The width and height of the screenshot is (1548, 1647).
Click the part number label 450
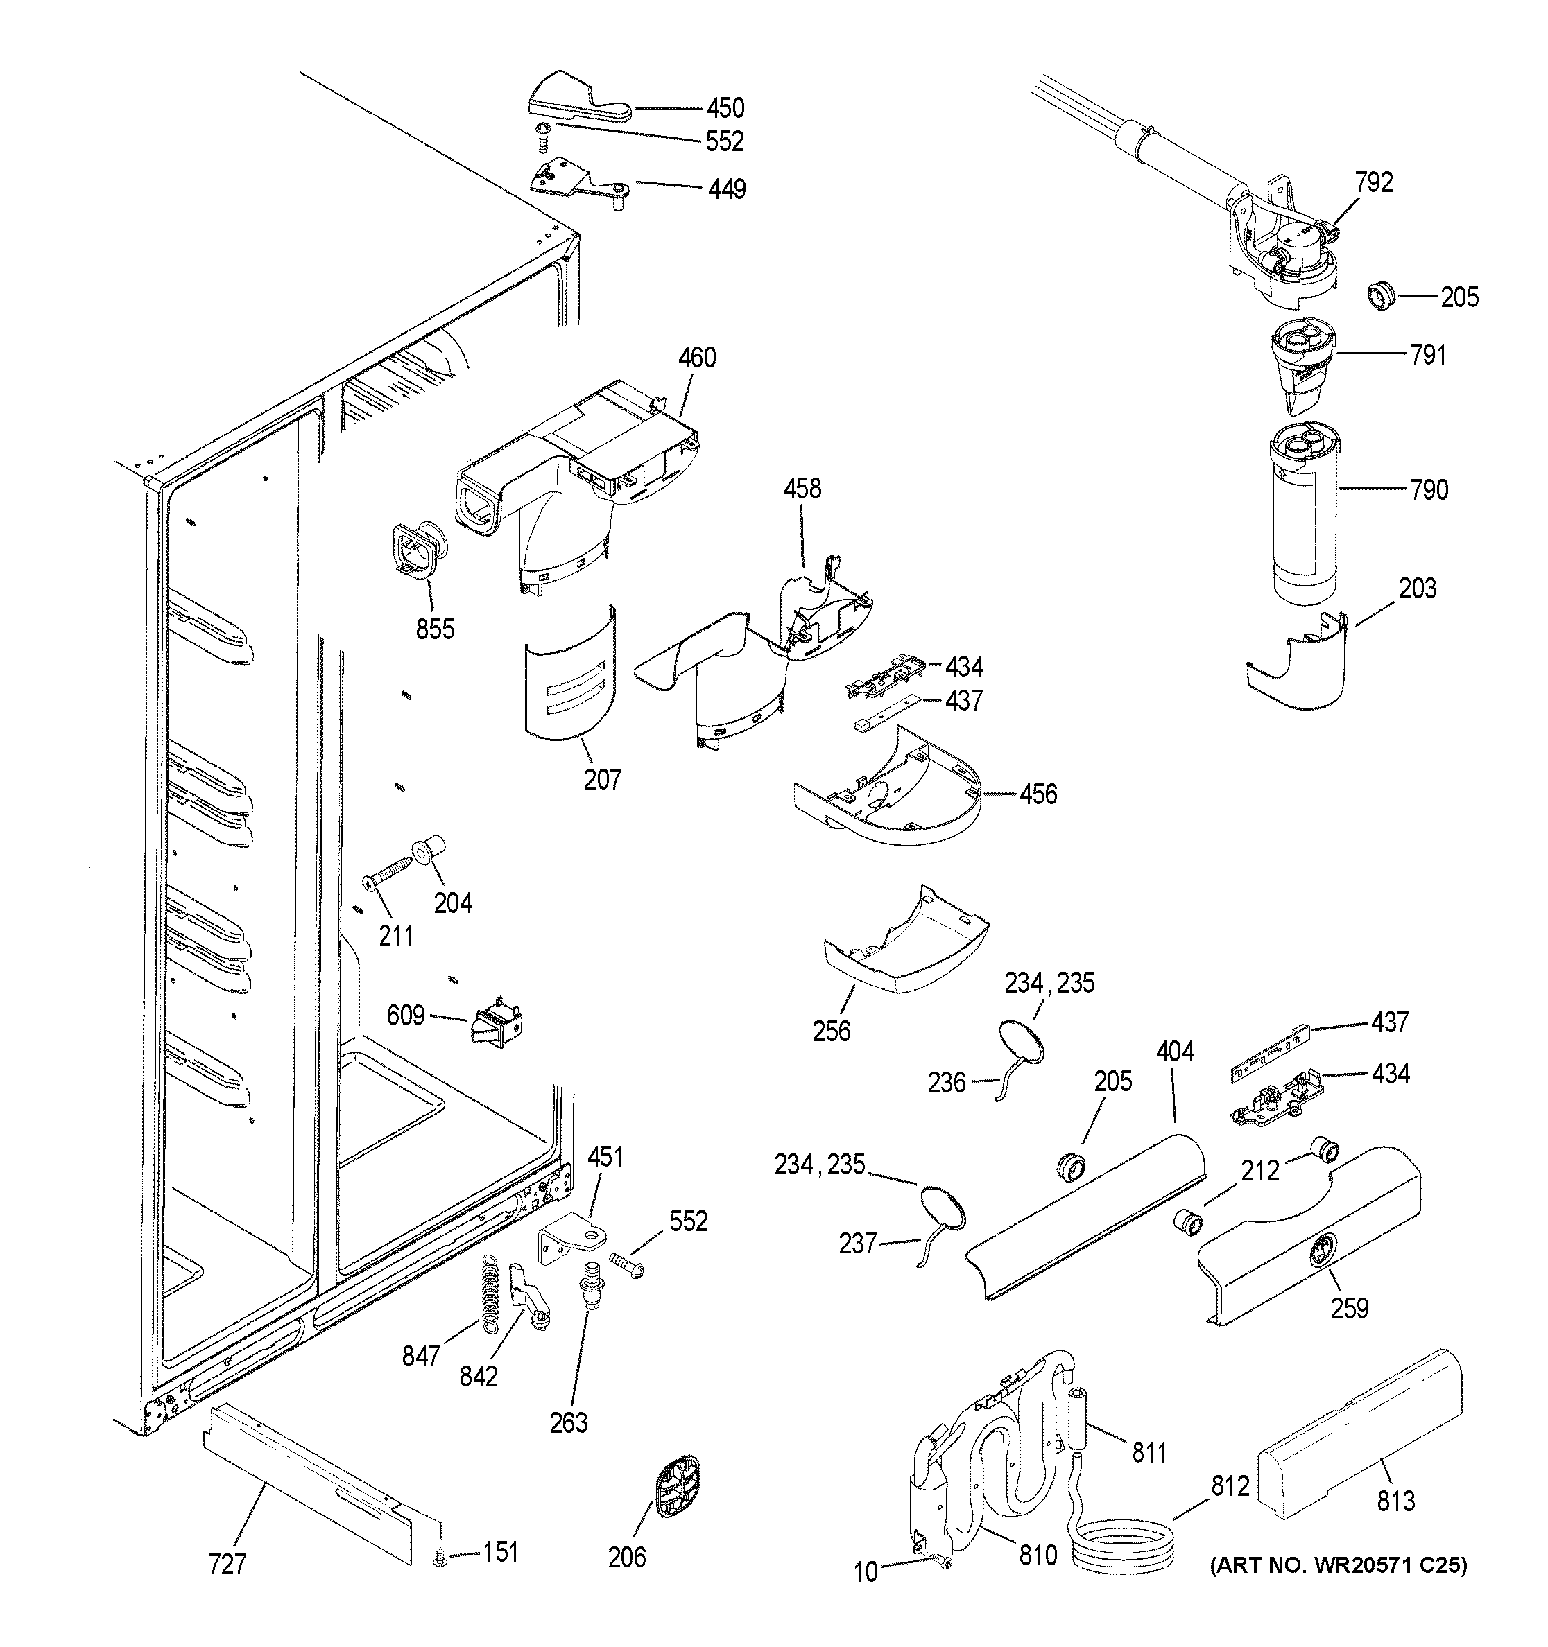coord(725,109)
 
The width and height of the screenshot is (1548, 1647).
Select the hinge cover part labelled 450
coord(577,101)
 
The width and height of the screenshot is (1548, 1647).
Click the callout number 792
coord(1374,182)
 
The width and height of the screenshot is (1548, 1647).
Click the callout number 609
coord(406,1015)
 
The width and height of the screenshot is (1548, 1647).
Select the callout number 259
coord(1349,1308)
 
